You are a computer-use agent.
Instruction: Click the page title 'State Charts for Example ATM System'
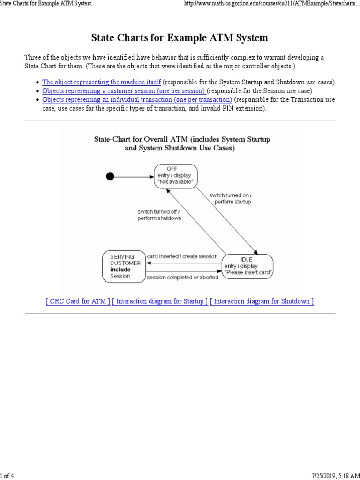pos(180,37)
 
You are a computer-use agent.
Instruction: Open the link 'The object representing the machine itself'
pos(102,82)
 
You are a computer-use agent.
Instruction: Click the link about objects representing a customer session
pos(124,91)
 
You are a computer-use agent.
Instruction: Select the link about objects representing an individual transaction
pos(137,100)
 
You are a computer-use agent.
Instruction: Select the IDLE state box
pos(248,266)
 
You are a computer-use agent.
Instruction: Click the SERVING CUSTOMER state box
pos(123,266)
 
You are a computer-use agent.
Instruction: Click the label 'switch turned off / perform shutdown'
pos(159,215)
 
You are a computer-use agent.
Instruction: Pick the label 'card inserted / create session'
pos(182,256)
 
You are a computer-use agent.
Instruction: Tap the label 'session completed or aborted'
pos(182,277)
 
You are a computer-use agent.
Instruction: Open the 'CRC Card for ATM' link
pos(78,301)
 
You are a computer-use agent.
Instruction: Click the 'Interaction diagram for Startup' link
pos(160,301)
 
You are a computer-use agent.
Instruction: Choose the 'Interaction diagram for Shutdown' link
pos(262,301)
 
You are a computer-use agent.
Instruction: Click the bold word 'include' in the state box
pos(120,270)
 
